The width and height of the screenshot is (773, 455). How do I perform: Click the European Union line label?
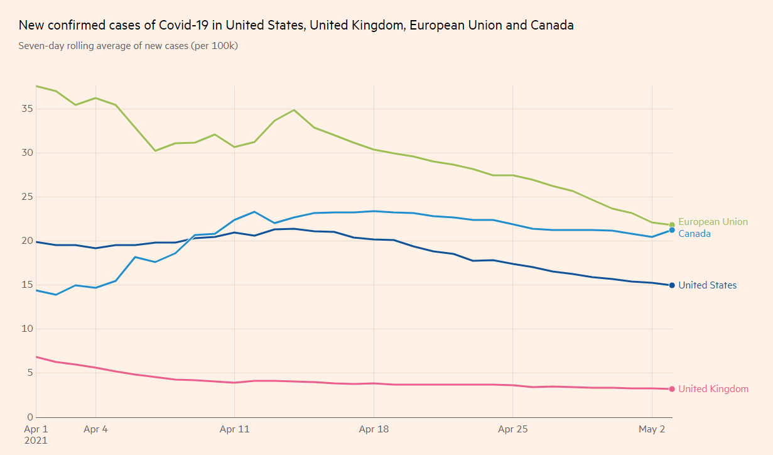tap(713, 222)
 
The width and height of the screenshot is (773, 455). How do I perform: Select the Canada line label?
tap(695, 234)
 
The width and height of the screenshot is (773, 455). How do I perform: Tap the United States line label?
tap(707, 285)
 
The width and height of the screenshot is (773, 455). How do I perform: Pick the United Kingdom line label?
tap(713, 389)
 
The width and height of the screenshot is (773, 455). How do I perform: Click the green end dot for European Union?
tap(672, 224)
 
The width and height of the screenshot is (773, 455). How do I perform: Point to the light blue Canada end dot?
tap(672, 230)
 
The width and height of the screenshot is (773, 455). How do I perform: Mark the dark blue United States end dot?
tap(672, 285)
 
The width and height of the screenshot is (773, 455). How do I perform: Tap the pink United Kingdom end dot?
tap(672, 389)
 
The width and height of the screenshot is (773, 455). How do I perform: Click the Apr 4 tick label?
tap(95, 430)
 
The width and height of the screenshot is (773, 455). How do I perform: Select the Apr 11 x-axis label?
tap(235, 430)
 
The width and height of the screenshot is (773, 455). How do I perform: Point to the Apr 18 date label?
tap(374, 430)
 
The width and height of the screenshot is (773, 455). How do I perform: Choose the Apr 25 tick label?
tap(513, 430)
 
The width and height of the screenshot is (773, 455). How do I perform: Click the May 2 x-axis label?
tap(652, 430)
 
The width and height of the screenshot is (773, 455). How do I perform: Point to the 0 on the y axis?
tap(28, 417)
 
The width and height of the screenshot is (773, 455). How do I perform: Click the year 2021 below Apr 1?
tap(36, 441)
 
